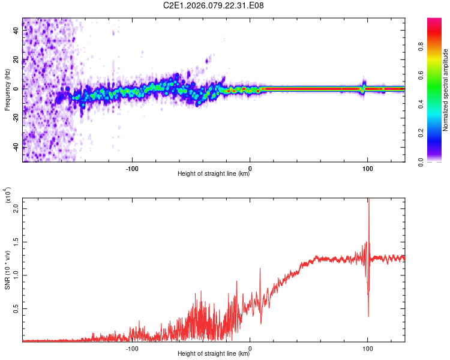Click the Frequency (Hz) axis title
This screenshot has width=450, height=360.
click(7, 90)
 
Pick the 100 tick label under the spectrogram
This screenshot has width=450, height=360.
click(367, 167)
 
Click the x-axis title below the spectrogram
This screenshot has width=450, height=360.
click(214, 174)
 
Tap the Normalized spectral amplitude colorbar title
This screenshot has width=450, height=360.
click(446, 90)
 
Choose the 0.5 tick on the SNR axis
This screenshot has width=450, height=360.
click(17, 309)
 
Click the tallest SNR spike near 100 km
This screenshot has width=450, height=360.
click(368, 202)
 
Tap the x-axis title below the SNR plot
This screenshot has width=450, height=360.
click(214, 353)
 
